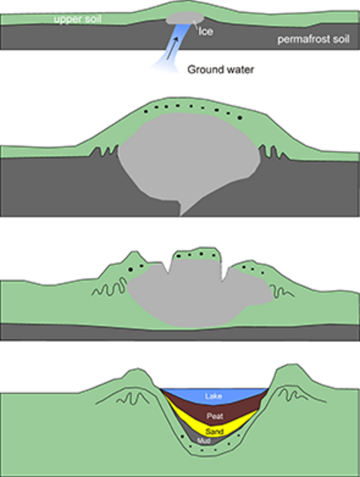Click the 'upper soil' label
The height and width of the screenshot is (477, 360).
[x=78, y=19]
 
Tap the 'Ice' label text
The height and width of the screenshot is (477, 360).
[x=205, y=32]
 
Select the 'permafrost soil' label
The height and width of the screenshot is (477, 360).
[x=313, y=40]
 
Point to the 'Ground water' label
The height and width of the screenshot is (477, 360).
[x=221, y=70]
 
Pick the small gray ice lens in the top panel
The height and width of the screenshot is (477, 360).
[x=184, y=18]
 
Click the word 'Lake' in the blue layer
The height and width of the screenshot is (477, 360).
[x=214, y=396]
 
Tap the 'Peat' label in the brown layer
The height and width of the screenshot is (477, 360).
[x=215, y=416]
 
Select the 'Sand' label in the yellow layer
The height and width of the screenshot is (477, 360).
[x=214, y=432]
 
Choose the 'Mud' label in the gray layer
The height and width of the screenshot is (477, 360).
[x=204, y=441]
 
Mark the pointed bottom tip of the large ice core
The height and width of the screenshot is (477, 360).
[x=181, y=216]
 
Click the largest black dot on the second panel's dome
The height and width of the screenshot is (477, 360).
[x=239, y=117]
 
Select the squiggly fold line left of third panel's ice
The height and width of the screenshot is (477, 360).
[x=109, y=288]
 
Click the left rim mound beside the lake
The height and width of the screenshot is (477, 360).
[x=137, y=378]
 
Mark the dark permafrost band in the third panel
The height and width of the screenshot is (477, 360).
[x=180, y=332]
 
